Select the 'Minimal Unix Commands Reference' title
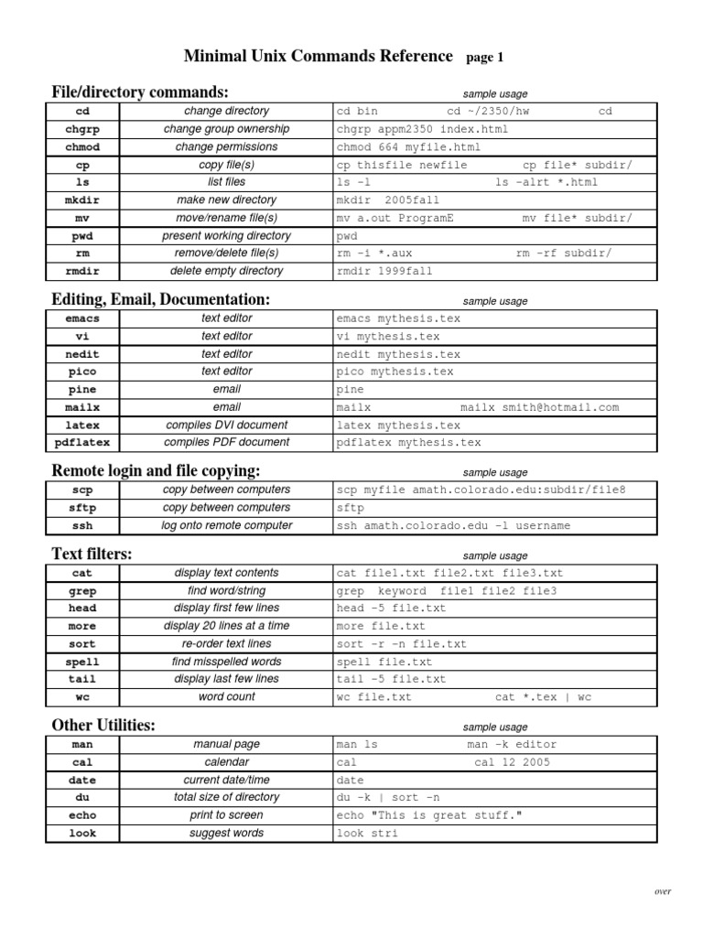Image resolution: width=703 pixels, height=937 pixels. coord(319,57)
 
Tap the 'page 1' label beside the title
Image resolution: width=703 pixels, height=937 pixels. coord(485,59)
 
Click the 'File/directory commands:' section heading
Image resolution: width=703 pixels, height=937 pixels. coord(140,92)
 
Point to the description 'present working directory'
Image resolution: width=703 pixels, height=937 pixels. coord(226,236)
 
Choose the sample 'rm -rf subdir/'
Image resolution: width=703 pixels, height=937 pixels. coord(564,253)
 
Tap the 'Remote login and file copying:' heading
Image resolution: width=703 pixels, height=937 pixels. coord(156,471)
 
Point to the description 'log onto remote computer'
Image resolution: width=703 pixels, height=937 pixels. coord(226,526)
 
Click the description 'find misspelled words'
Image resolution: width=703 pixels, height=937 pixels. coord(226,662)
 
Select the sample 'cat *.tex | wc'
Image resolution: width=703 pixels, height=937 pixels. coord(544,697)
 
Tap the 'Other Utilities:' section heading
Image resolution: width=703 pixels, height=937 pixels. coord(103,726)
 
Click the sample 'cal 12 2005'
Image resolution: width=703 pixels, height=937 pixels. coord(513,762)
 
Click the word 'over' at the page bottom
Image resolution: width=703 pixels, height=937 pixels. coord(663,890)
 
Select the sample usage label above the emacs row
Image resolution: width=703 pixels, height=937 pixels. coord(495,301)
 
